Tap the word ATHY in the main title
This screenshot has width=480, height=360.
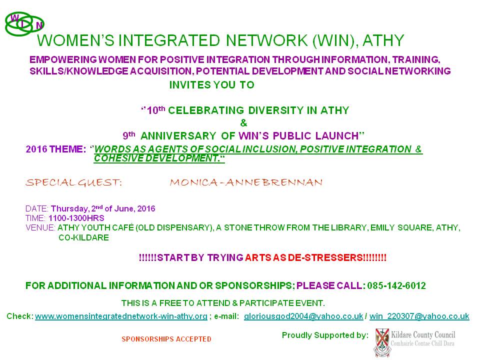pyautogui.click(x=383, y=40)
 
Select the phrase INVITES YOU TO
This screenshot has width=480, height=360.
pyautogui.click(x=212, y=85)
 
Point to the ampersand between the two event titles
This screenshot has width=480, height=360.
pyautogui.click(x=243, y=123)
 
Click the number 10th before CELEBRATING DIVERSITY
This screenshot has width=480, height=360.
pyautogui.click(x=156, y=110)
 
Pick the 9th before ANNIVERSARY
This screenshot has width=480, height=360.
pyautogui.click(x=129, y=135)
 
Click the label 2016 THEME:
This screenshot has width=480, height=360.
pyautogui.click(x=56, y=149)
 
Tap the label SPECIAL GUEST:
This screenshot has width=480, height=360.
pyautogui.click(x=74, y=182)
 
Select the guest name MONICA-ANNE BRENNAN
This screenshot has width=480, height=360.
pyautogui.click(x=246, y=182)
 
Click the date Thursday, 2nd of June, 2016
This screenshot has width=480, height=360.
pyautogui.click(x=103, y=208)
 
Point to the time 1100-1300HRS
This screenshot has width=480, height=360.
pyautogui.click(x=76, y=218)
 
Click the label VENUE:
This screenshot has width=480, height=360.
pyautogui.click(x=40, y=228)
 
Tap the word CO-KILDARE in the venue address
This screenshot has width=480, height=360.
pyautogui.click(x=83, y=237)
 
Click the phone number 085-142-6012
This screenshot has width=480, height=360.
pyautogui.click(x=396, y=285)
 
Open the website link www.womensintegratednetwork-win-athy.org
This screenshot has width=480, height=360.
pyautogui.click(x=121, y=316)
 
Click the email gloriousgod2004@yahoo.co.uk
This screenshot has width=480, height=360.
pyautogui.click(x=303, y=316)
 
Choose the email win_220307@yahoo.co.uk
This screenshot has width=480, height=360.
pyautogui.click(x=419, y=316)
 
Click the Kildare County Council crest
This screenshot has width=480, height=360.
pyautogui.click(x=382, y=342)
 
